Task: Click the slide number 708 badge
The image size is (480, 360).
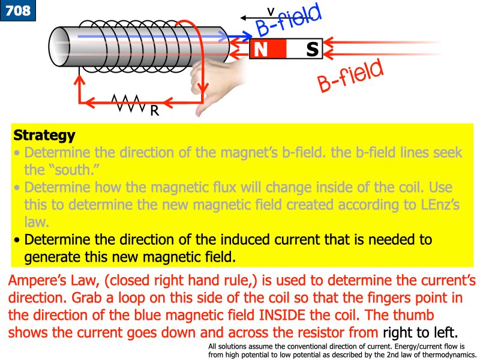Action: pyautogui.click(x=18, y=10)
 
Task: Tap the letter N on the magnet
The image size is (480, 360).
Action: pyautogui.click(x=261, y=49)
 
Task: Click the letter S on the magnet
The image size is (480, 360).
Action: pyautogui.click(x=311, y=49)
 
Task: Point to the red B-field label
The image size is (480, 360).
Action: pyautogui.click(x=350, y=77)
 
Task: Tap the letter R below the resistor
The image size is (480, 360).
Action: pyautogui.click(x=154, y=110)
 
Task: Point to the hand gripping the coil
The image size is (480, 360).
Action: pyautogui.click(x=216, y=84)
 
